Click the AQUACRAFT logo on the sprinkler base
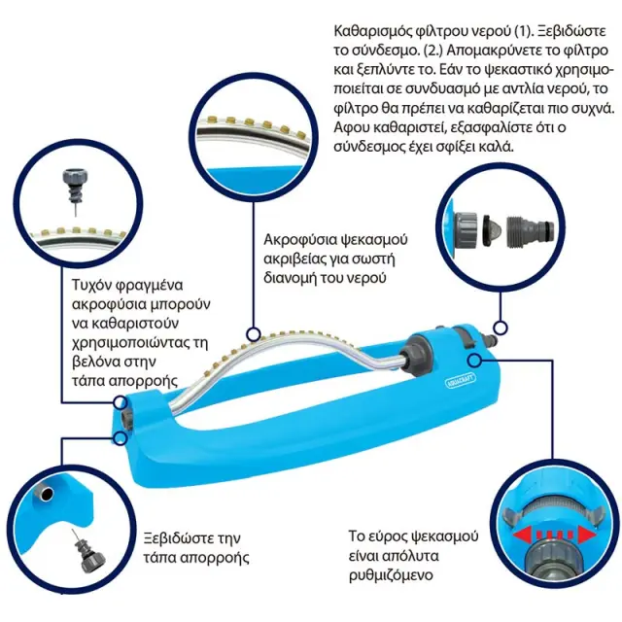point(460,379)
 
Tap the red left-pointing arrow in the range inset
point(524,536)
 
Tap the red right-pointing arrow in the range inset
point(587,536)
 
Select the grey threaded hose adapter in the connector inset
point(531,230)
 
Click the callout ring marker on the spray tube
point(253,334)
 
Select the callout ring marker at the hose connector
point(501,328)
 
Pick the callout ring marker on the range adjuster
point(474,361)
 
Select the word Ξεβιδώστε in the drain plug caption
point(179,538)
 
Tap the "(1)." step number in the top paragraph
point(520,31)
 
